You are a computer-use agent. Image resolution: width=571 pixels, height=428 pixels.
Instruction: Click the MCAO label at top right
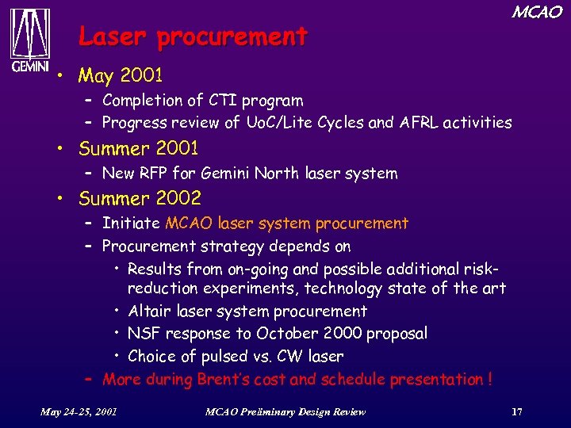point(536,12)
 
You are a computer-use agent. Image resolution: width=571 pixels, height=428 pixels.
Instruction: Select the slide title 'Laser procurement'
point(193,36)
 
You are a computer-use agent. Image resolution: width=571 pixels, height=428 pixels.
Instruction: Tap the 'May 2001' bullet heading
point(121,76)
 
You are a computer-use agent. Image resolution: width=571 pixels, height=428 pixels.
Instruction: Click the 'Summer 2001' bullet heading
point(139,149)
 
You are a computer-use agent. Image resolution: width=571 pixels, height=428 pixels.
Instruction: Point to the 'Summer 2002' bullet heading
point(140,198)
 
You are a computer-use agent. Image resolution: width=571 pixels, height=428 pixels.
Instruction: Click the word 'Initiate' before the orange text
point(132,224)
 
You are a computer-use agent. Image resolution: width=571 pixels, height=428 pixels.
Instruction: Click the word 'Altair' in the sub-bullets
point(149,311)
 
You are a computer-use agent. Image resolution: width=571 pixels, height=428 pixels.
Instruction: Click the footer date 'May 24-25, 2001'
point(79,411)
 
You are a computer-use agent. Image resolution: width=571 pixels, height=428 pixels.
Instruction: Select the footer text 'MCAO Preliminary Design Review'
point(285,411)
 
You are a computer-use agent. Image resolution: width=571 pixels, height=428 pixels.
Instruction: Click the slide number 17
point(517,411)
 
